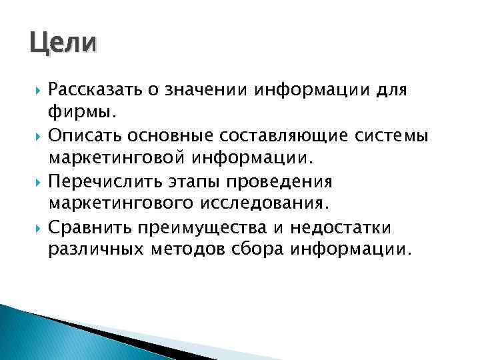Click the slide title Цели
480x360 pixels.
pos(63,45)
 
